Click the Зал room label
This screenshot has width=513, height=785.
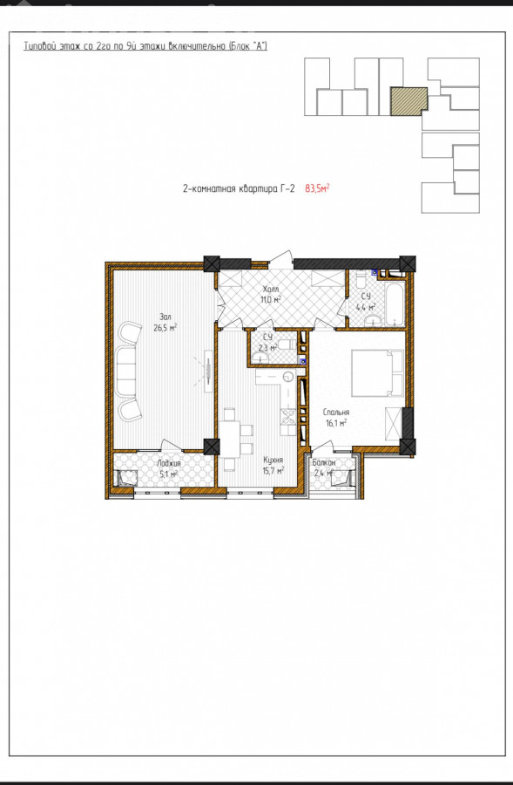(165, 317)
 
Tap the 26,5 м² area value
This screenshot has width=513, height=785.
(165, 328)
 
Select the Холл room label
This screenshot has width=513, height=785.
(270, 290)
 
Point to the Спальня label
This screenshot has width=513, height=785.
(336, 413)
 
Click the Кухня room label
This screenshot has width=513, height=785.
(273, 460)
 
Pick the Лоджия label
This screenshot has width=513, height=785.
(168, 464)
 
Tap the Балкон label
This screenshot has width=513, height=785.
(324, 463)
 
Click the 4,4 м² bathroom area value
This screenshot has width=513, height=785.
(366, 307)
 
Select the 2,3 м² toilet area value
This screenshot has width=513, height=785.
(267, 347)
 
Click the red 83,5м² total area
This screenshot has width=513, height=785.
(317, 188)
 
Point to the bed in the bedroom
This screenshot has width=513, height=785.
(377, 373)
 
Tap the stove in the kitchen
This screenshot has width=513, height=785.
(288, 415)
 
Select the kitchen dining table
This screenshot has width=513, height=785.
(229, 439)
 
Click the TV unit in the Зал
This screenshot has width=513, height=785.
(206, 371)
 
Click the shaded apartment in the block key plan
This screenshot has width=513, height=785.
(409, 102)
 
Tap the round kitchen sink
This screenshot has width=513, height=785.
(287, 377)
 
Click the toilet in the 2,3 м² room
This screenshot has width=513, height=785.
(286, 344)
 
